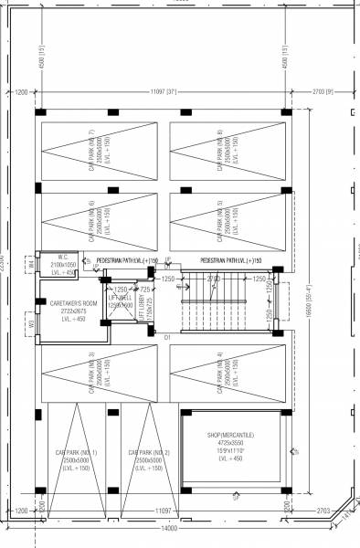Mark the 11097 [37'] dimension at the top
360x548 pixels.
pos(164,92)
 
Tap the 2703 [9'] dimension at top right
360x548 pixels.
pos(323,92)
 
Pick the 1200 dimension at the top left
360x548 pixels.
pos(21,92)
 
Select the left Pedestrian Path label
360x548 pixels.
pos(128,260)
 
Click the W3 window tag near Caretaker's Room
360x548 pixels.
pos(31,322)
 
